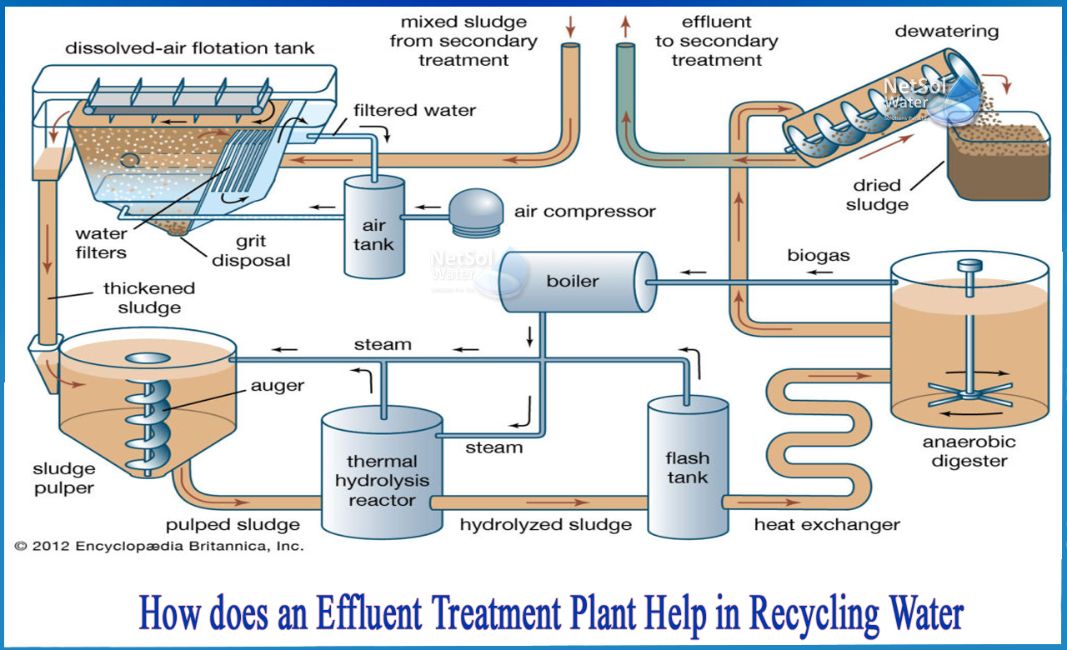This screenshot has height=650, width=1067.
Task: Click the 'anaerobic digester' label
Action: (x=969, y=451)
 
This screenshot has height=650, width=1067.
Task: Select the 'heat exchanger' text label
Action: (x=827, y=525)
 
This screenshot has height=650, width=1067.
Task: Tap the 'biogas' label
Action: (x=819, y=256)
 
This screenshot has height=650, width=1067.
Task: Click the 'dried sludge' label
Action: (x=877, y=195)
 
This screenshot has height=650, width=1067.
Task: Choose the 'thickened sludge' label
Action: (x=149, y=297)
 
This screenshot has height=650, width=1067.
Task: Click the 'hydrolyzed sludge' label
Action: (x=546, y=525)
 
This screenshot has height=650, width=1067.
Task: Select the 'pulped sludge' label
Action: (x=233, y=525)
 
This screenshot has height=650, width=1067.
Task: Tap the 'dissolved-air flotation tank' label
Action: (x=191, y=47)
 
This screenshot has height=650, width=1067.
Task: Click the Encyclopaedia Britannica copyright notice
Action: (x=159, y=547)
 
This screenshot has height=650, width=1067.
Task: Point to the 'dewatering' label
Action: (x=946, y=32)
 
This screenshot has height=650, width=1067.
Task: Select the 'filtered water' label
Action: (x=414, y=109)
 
